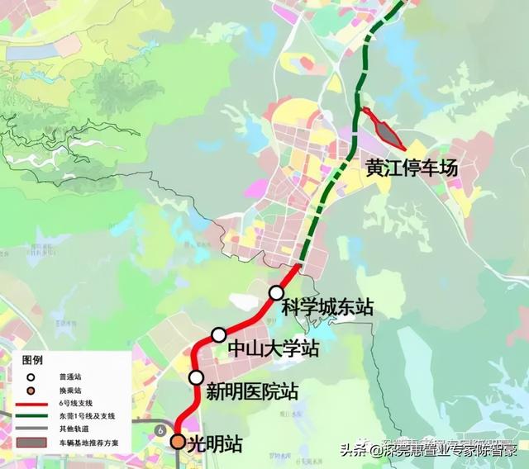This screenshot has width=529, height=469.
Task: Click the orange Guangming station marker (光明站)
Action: [x=178, y=442]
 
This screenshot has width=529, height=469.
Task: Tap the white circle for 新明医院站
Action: [x=196, y=377]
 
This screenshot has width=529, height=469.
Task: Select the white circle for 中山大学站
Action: [x=218, y=334]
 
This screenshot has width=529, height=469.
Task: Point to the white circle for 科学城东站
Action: [x=276, y=291]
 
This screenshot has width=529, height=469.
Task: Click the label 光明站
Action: [x=216, y=443]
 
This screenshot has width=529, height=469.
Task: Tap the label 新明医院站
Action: [x=251, y=390]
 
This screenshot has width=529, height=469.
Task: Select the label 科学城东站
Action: [x=327, y=307]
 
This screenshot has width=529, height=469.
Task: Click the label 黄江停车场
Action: [x=411, y=168]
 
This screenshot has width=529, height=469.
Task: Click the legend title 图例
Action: [x=32, y=361]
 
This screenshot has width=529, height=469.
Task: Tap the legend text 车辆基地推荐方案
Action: [x=92, y=443]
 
